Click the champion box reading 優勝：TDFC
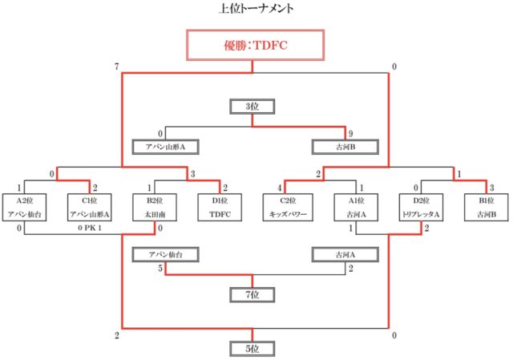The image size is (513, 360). pos(254,46)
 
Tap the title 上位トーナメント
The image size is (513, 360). pos(255,10)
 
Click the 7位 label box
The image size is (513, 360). pos(254,294)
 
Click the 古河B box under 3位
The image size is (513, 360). pos(346,148)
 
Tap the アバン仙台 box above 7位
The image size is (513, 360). pos(165,255)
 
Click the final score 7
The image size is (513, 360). pos(117,66)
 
